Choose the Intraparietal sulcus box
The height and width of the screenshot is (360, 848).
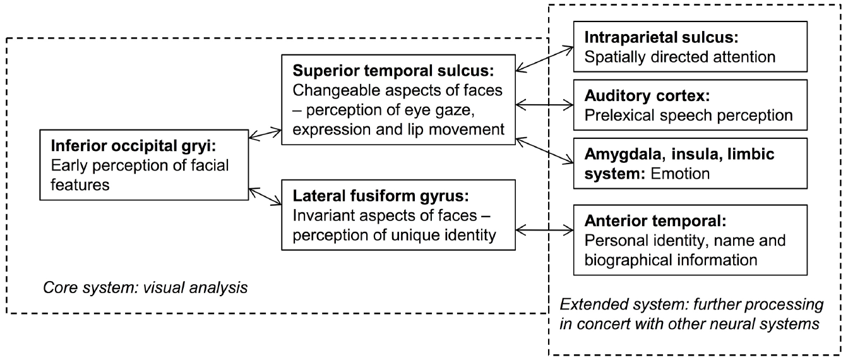tap(690, 47)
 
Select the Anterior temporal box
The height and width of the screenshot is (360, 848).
tap(690, 240)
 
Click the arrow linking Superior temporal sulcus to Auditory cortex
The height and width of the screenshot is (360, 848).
tap(544, 103)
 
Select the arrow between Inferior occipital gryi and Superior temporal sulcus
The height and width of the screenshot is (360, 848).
tap(265, 134)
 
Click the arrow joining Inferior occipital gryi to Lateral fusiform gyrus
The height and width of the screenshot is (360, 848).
tap(265, 196)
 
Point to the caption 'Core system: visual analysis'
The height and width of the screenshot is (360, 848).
tap(145, 289)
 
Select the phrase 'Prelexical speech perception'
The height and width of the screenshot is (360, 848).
tap(688, 116)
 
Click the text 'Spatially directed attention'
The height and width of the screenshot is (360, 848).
tap(679, 57)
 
